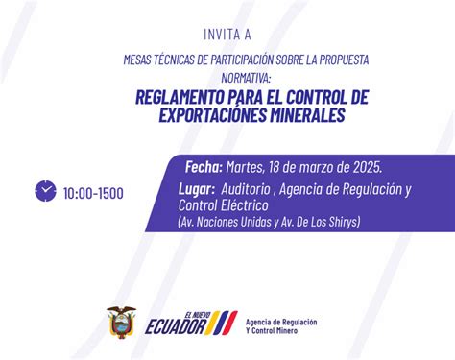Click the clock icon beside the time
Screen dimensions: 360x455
coord(44,191)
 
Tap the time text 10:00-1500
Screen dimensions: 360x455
coord(93,193)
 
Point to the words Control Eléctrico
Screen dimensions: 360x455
coord(223,205)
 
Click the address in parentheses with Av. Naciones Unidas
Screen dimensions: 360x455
coord(269,222)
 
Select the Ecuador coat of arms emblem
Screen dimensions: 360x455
coord(121,324)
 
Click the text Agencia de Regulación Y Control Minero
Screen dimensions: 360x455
coord(281,326)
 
